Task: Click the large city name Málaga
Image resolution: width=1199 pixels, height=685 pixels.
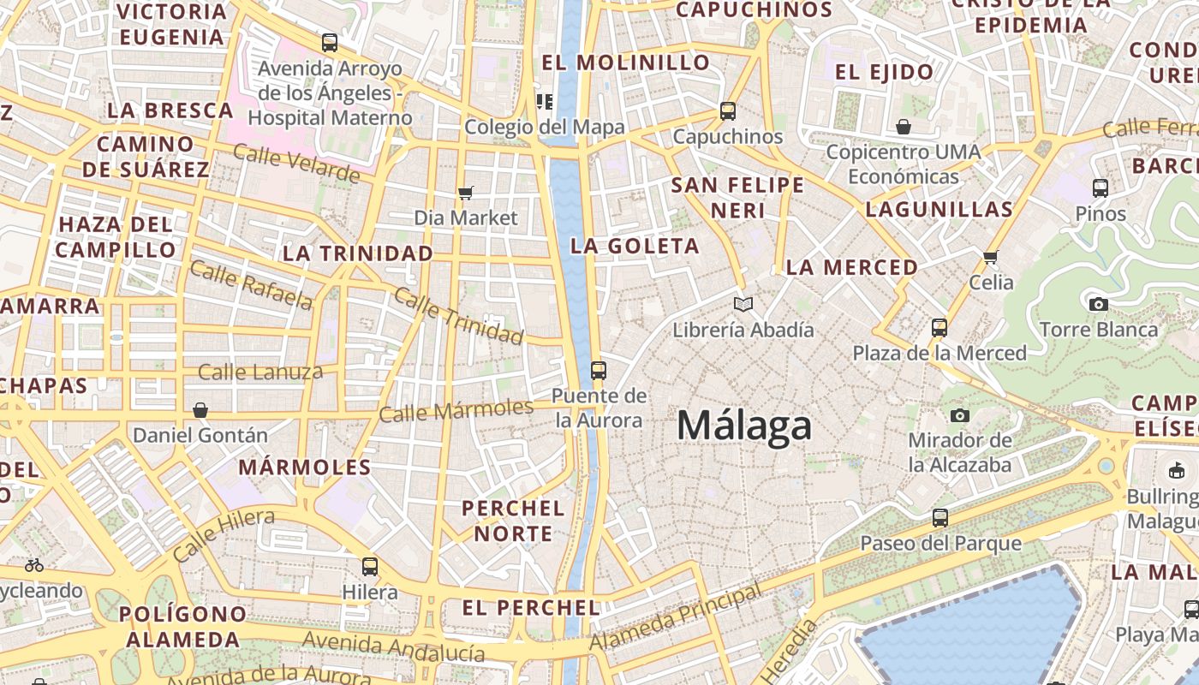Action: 744,426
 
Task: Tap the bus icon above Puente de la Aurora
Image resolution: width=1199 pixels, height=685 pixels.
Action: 599,371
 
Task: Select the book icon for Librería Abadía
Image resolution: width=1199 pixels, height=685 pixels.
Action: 743,304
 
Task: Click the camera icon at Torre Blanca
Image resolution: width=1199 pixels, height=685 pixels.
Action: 1098,304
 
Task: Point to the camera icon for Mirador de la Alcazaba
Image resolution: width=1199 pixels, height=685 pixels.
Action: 960,415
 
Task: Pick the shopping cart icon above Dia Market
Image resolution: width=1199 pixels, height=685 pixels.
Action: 465,193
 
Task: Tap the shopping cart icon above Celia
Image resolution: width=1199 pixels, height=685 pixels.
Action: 991,257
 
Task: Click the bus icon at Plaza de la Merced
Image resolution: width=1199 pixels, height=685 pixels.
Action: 940,327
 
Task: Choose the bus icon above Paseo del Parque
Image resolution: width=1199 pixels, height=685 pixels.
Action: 940,517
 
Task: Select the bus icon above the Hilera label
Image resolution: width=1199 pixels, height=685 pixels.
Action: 370,566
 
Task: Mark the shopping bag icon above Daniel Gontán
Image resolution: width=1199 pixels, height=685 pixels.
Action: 200,410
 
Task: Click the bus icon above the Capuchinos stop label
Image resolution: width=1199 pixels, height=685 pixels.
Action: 728,110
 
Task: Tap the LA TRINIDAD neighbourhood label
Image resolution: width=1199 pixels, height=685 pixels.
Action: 358,253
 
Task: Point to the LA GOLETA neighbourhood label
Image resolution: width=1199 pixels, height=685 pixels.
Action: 635,247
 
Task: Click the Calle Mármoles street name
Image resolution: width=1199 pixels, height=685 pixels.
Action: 456,411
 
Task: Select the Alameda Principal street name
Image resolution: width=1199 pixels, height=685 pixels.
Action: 676,618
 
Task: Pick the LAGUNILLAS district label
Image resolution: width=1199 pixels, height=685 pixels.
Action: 939,209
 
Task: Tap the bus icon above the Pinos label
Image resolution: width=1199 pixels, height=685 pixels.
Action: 1101,188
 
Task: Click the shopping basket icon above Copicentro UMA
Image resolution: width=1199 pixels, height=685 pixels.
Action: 904,128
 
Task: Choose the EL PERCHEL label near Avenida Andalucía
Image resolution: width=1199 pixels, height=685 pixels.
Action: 530,608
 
